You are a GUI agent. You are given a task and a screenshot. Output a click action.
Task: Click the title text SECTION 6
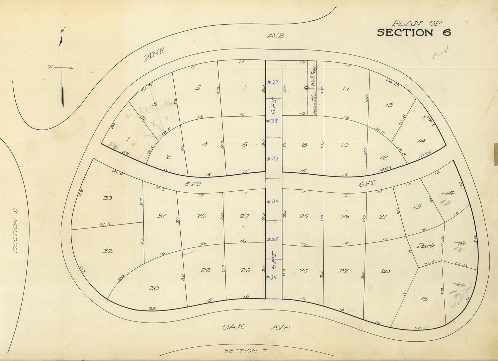414,33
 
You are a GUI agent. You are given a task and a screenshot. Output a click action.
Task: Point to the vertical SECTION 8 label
16,230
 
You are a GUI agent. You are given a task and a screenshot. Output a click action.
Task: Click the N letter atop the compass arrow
62,31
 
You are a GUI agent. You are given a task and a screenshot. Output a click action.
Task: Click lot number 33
107,198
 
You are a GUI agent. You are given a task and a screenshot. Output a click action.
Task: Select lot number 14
421,141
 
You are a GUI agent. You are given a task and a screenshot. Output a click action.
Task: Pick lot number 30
153,288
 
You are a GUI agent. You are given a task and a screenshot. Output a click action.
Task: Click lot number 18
424,299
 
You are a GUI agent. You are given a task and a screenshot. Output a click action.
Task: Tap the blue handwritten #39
273,82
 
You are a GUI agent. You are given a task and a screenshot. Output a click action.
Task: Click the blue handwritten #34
272,277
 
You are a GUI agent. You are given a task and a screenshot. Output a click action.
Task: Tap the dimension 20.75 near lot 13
393,83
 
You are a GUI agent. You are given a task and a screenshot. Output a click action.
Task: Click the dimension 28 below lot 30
152,309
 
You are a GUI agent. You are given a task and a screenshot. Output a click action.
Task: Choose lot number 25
303,217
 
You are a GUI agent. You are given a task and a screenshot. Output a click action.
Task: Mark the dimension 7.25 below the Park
429,263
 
